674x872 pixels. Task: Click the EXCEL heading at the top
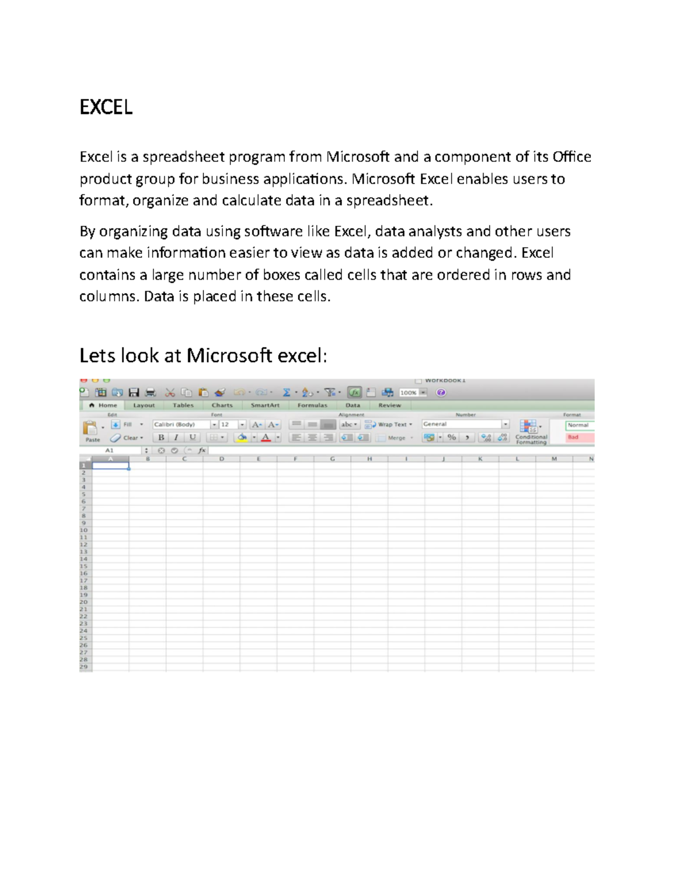point(106,107)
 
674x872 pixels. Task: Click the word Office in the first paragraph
point(572,157)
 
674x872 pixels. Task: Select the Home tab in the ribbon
point(103,405)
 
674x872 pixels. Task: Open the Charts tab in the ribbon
point(222,405)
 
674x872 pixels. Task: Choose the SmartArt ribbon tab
point(265,405)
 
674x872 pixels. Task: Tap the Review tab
point(389,405)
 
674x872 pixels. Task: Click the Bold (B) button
point(161,437)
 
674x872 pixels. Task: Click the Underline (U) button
point(193,437)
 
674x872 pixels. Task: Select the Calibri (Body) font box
point(181,424)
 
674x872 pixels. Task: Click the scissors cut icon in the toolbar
point(170,392)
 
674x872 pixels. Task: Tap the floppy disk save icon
point(134,392)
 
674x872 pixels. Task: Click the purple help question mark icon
point(441,392)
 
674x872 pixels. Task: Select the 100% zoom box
point(409,393)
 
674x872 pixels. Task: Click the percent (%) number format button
point(452,437)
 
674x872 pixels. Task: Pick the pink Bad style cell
point(579,437)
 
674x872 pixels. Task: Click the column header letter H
point(370,459)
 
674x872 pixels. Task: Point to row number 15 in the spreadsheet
point(84,566)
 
